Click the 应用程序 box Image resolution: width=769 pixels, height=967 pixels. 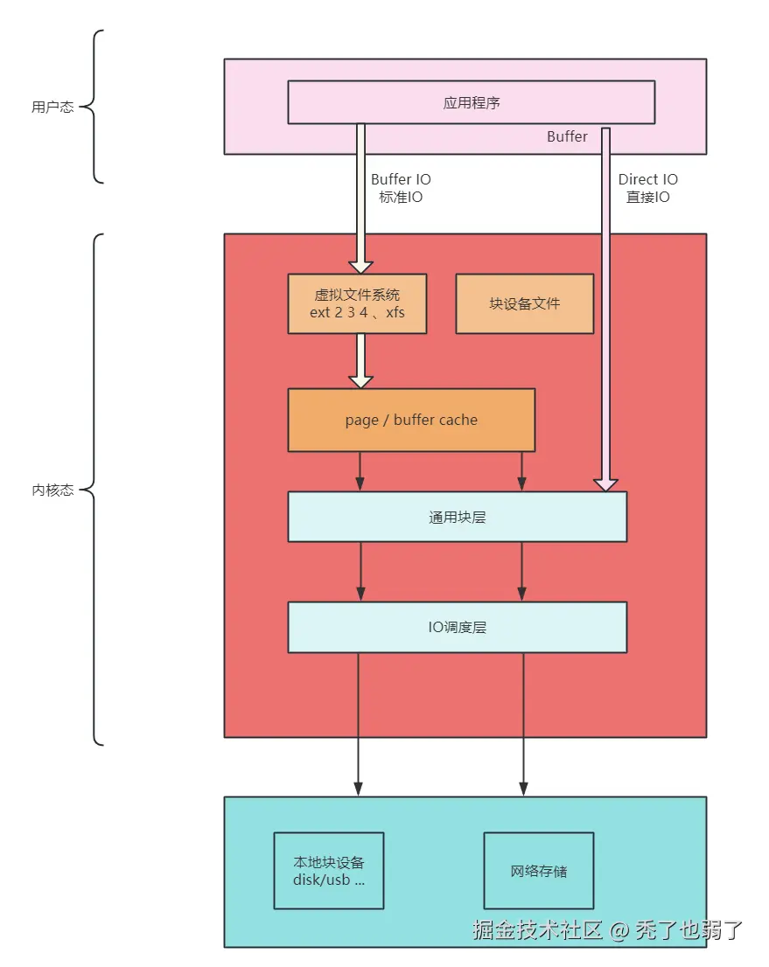click(471, 102)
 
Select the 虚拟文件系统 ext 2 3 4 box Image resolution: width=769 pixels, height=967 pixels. click(357, 303)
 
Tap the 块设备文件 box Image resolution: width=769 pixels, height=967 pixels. click(524, 303)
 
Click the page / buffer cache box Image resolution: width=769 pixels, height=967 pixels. click(411, 420)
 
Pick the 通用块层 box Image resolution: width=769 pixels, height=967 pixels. click(457, 517)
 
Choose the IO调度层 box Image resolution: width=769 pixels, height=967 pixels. click(457, 627)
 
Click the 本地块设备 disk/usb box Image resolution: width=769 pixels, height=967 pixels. click(329, 871)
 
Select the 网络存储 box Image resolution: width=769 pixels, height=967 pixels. click(538, 871)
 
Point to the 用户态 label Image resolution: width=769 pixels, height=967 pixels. click(52, 108)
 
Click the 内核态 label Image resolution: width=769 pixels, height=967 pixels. click(52, 490)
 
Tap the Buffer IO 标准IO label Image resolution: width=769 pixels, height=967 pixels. click(401, 188)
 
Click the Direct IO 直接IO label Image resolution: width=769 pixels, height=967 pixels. click(647, 188)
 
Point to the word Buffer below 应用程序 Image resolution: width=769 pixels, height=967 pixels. click(567, 136)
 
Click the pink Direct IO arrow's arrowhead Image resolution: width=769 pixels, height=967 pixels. click(605, 484)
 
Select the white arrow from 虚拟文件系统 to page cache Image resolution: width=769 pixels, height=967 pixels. click(360, 360)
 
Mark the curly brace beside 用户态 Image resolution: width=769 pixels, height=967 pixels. click(96, 108)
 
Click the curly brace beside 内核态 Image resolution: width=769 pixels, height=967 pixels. click(96, 490)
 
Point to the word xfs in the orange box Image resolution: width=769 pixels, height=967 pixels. click(395, 312)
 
